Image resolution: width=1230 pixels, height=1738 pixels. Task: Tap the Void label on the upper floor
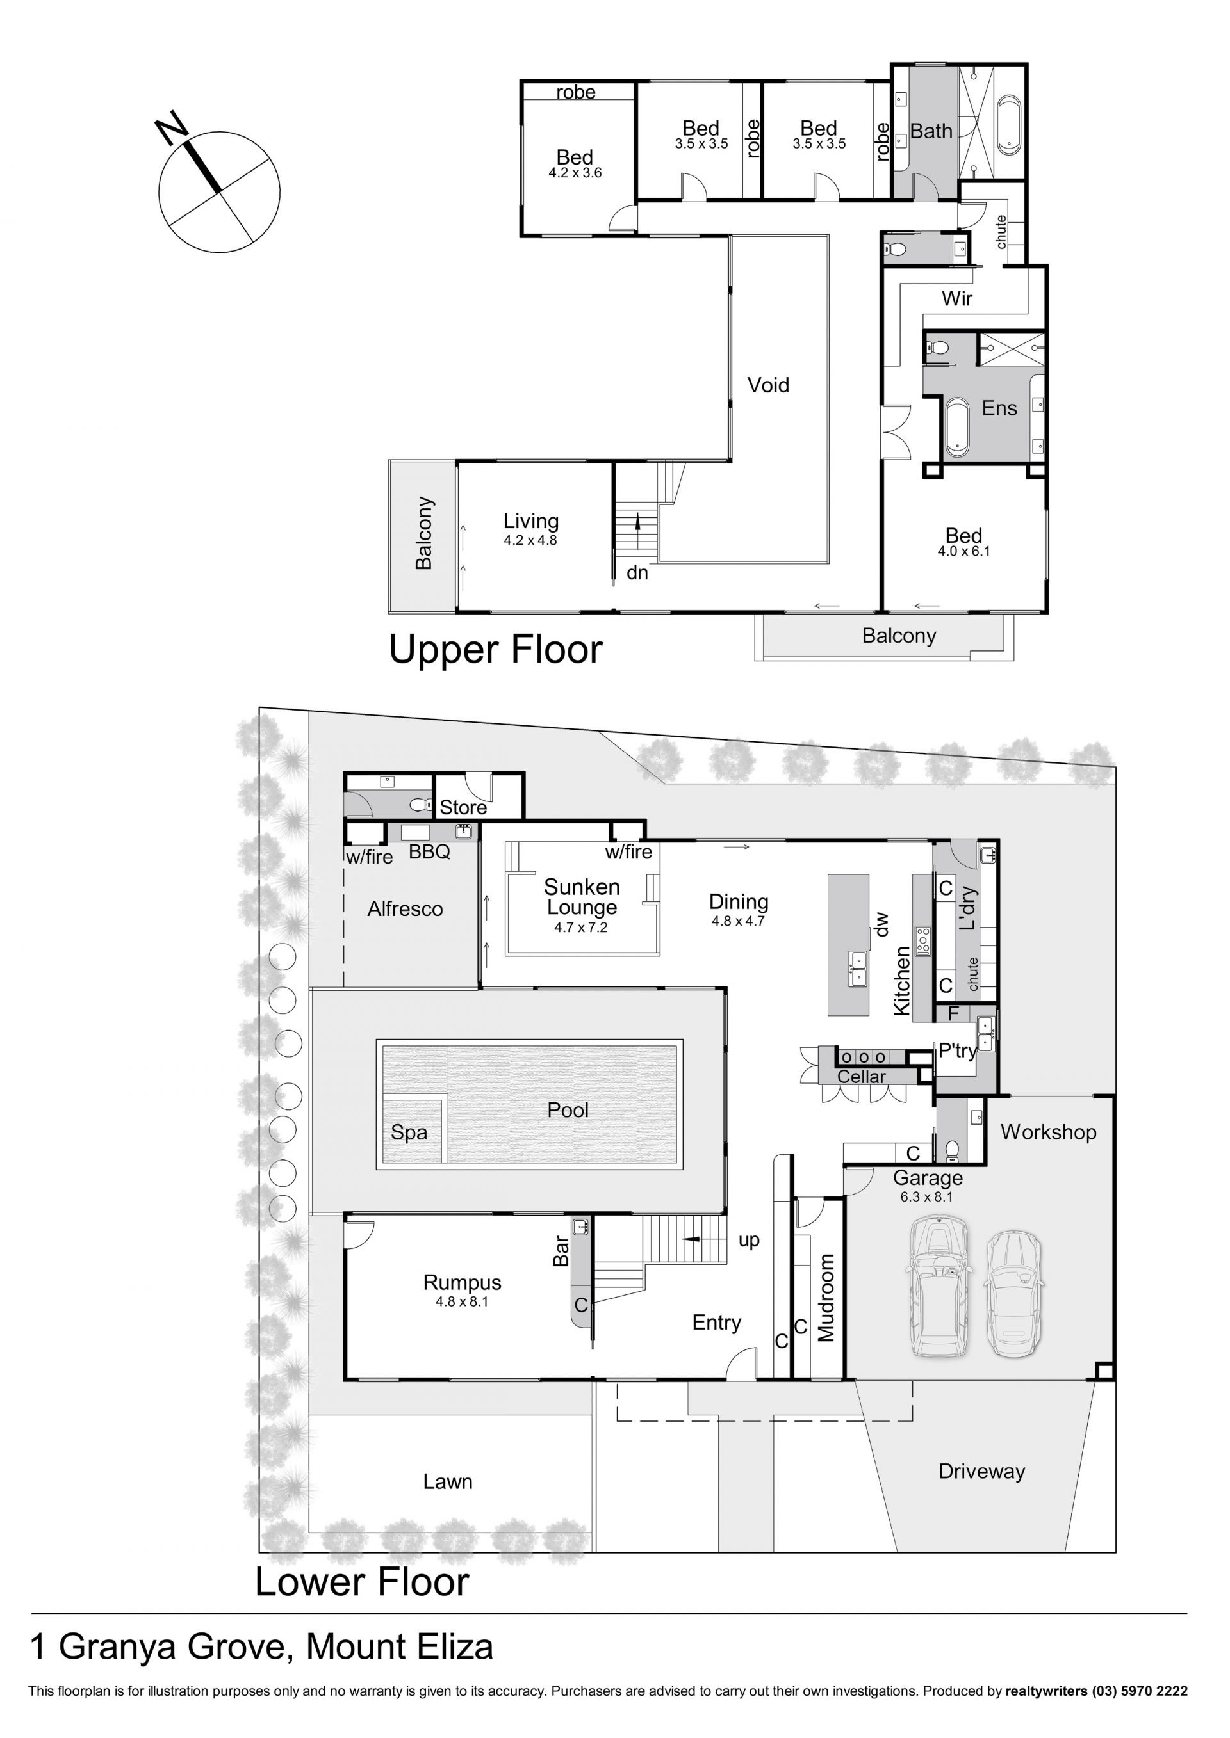pyautogui.click(x=768, y=385)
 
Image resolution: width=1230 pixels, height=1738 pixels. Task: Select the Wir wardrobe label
pyautogui.click(x=956, y=298)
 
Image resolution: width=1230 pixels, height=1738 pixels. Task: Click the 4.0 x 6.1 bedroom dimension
pyautogui.click(x=963, y=552)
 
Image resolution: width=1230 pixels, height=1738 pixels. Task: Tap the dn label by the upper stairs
pyautogui.click(x=637, y=573)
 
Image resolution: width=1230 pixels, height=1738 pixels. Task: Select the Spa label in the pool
pyautogui.click(x=409, y=1132)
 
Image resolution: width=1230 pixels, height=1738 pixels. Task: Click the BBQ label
pyautogui.click(x=429, y=851)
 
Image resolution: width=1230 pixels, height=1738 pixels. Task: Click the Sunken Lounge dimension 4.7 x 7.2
pyautogui.click(x=580, y=928)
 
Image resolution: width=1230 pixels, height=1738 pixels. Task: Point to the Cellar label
pyautogui.click(x=861, y=1077)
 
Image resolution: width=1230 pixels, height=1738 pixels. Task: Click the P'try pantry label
pyautogui.click(x=957, y=1050)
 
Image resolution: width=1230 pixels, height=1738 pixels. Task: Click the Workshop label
pyautogui.click(x=1048, y=1132)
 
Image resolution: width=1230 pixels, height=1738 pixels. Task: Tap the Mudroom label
pyautogui.click(x=826, y=1298)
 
